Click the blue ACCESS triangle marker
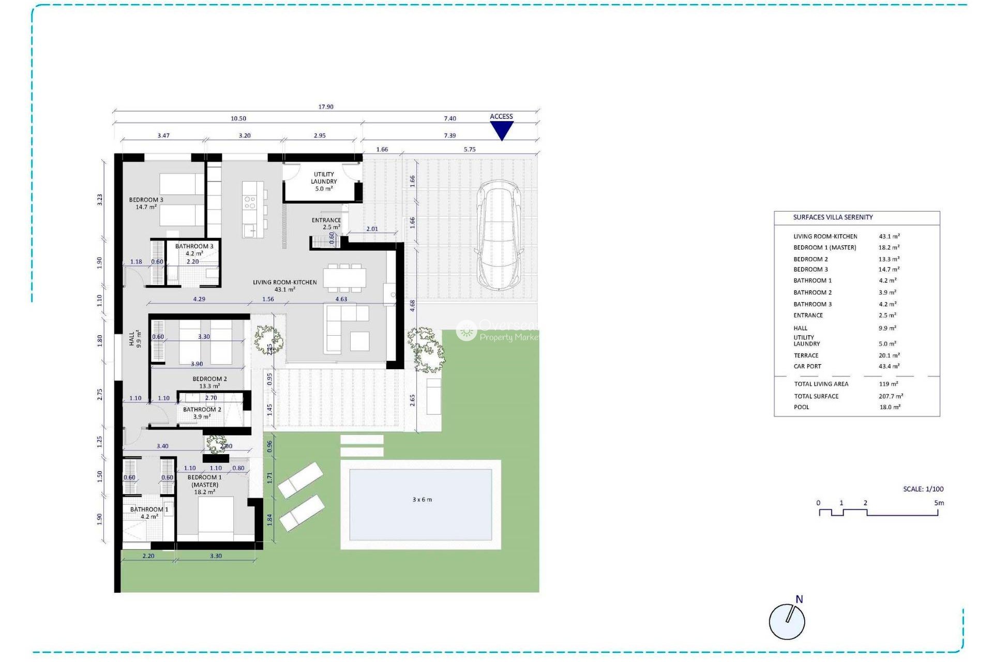tap(501, 130)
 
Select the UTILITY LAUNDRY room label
tap(324, 182)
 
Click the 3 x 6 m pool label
tap(422, 500)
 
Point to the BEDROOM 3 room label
tap(146, 203)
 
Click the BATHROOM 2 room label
tap(202, 413)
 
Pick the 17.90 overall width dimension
tap(326, 107)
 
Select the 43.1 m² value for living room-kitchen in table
tap(889, 236)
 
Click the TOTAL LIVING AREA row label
tap(821, 384)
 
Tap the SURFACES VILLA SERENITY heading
tap(833, 217)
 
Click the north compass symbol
tap(787, 621)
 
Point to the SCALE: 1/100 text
tap(923, 489)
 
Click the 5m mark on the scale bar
tap(939, 503)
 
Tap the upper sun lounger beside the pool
tap(300, 479)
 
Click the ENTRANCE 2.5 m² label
tap(326, 223)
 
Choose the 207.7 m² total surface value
tap(891, 396)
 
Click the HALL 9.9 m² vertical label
tap(134, 339)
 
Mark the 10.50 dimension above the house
tap(238, 118)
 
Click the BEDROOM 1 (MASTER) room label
tap(205, 485)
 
